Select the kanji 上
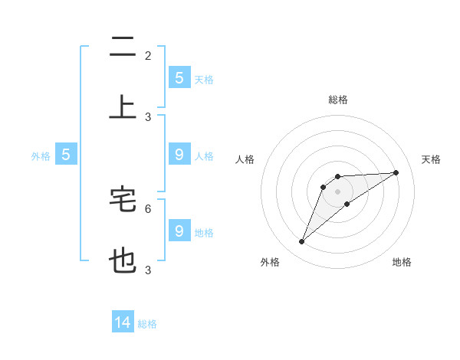[123, 107]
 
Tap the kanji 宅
[123, 198]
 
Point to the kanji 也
[123, 261]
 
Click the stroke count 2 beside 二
[148, 56]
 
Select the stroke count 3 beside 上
[148, 117]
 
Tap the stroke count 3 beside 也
[148, 270]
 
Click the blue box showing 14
[123, 322]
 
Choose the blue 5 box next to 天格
[179, 77]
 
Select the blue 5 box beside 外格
[66, 155]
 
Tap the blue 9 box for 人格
[179, 155]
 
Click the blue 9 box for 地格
[179, 231]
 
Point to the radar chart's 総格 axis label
[338, 100]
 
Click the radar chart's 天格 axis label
[431, 159]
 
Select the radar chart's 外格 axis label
[270, 262]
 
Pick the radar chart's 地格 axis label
[402, 262]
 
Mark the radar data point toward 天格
[396, 172]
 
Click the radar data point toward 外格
[302, 242]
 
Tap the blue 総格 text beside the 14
[147, 324]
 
